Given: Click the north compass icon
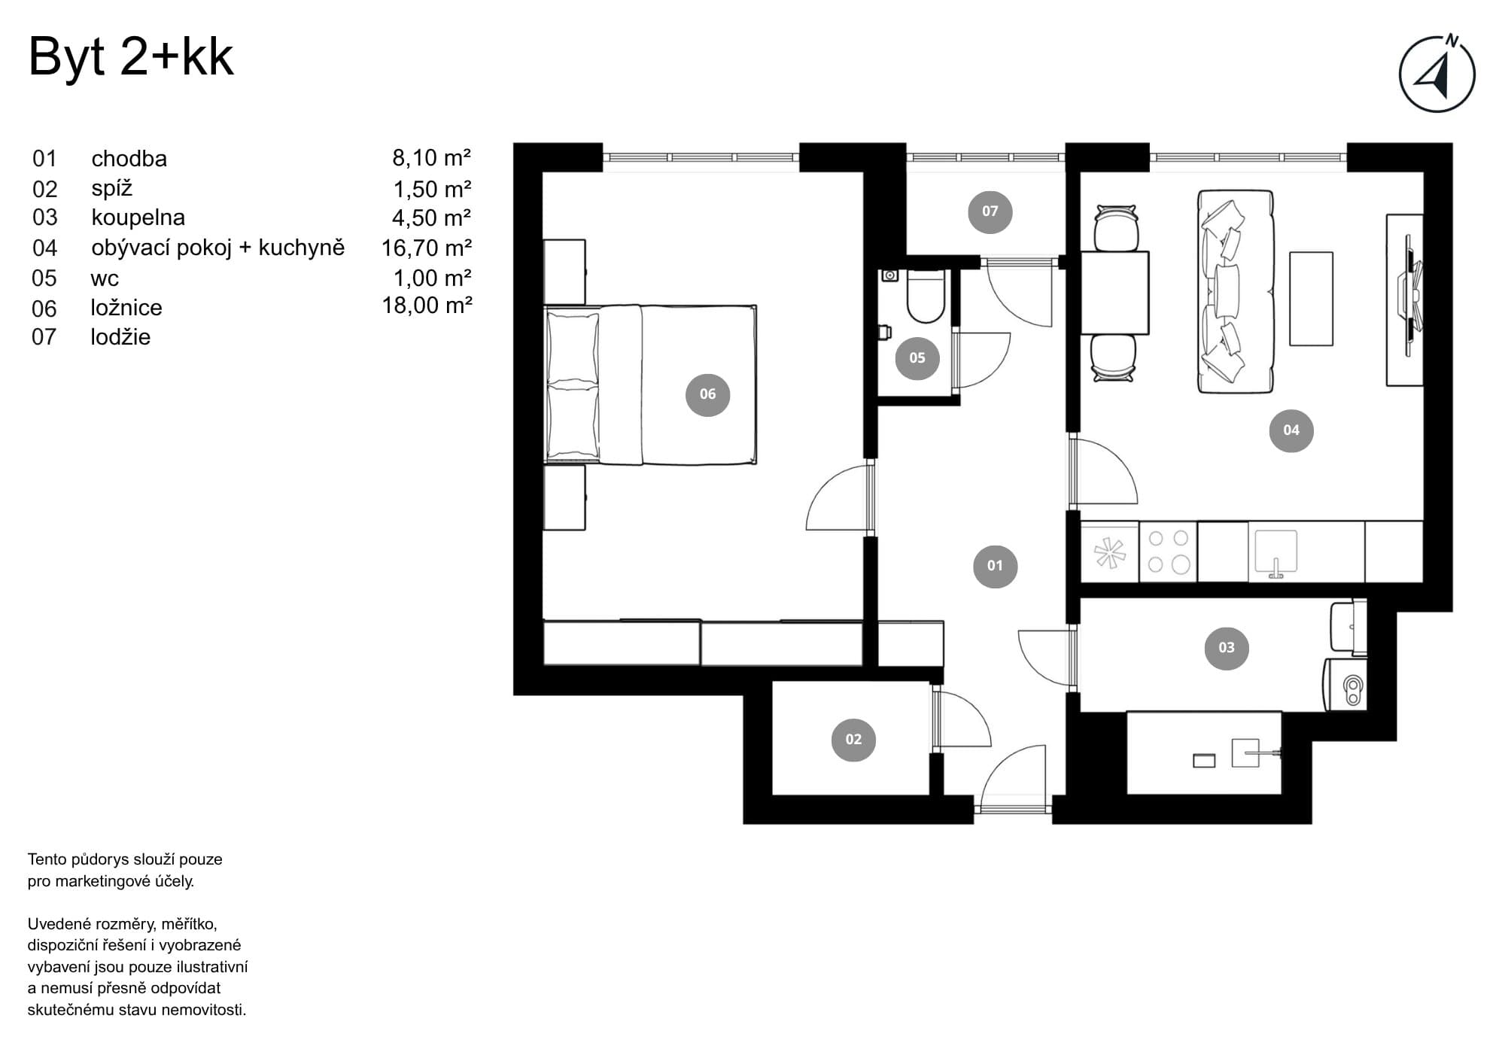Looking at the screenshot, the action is pyautogui.click(x=1437, y=74).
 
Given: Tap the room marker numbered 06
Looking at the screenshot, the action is pyautogui.click(x=707, y=394).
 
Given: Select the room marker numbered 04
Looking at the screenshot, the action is pyautogui.click(x=1291, y=430).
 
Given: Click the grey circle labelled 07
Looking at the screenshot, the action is pyautogui.click(x=990, y=211).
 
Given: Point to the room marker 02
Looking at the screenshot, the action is pyautogui.click(x=853, y=739).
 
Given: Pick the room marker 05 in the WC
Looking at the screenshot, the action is pyautogui.click(x=917, y=357).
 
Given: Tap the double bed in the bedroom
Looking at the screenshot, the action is pyautogui.click(x=650, y=385).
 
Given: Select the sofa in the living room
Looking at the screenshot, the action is pyautogui.click(x=1236, y=291).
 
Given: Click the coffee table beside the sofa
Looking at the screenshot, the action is pyautogui.click(x=1311, y=299).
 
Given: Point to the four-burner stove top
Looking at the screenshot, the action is pyautogui.click(x=1168, y=552).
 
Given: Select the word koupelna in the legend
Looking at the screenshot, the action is pyautogui.click(x=138, y=217).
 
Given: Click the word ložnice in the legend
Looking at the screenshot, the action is pyautogui.click(x=126, y=308).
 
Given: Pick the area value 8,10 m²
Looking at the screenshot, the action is pyautogui.click(x=431, y=158).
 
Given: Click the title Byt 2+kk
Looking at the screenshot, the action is pyautogui.click(x=131, y=58).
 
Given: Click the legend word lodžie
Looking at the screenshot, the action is pyautogui.click(x=120, y=336).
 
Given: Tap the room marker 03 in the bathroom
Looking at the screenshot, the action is pyautogui.click(x=1227, y=647).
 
